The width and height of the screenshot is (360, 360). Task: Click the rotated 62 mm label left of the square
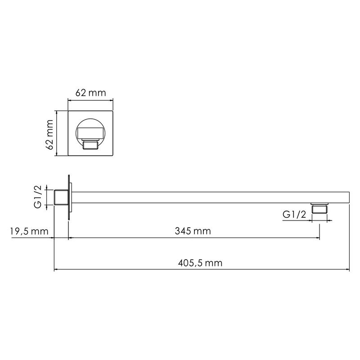tap(50, 134)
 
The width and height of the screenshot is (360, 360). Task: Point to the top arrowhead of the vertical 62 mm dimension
tap(56, 112)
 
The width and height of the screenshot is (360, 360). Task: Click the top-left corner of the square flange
tap(68, 111)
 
